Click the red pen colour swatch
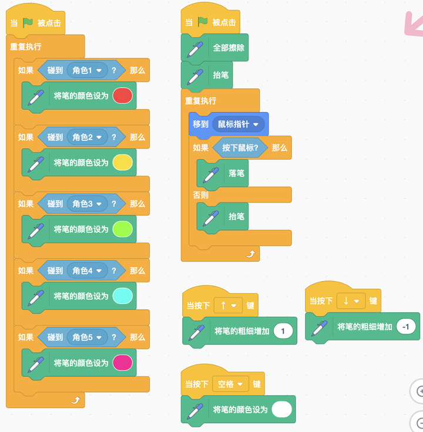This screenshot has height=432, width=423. (x=122, y=96)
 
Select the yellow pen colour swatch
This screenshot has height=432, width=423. (x=122, y=163)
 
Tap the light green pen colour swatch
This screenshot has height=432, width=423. (x=122, y=230)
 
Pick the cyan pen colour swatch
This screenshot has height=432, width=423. (x=122, y=296)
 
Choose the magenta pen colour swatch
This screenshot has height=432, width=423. (x=122, y=363)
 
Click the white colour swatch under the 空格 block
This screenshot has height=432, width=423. (x=282, y=410)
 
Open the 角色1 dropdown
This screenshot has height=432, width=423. (x=87, y=71)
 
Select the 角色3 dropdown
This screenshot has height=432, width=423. (x=87, y=204)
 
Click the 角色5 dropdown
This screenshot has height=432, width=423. (x=87, y=338)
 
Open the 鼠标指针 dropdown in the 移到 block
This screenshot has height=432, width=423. (x=237, y=124)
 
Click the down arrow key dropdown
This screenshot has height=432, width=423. (x=351, y=301)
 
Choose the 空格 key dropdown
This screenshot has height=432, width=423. (x=231, y=384)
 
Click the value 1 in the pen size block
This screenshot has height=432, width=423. (x=283, y=331)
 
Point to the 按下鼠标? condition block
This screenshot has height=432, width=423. (x=240, y=148)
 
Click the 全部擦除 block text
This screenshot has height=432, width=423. (x=229, y=48)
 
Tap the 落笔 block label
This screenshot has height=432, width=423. (x=236, y=174)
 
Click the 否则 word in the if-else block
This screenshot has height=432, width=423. (x=201, y=195)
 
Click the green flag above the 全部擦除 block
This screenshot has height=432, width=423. (x=203, y=22)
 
